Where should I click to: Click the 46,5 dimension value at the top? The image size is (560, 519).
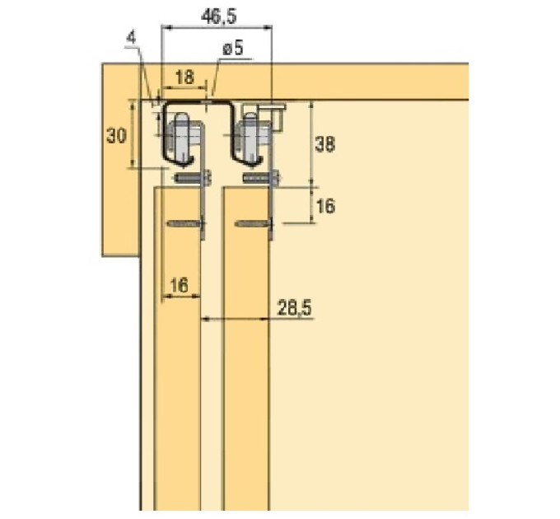click(x=218, y=16)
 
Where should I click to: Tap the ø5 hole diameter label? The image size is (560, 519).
click(x=233, y=48)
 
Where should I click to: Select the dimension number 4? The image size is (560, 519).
click(x=132, y=38)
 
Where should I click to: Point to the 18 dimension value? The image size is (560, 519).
click(x=184, y=77)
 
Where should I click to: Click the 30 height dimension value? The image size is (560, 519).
click(x=116, y=136)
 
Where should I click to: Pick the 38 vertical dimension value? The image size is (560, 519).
click(x=324, y=144)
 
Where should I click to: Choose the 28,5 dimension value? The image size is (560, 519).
click(x=294, y=308)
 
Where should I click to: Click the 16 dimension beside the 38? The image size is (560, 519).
click(x=325, y=206)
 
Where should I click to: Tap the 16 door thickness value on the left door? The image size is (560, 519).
click(x=179, y=285)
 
